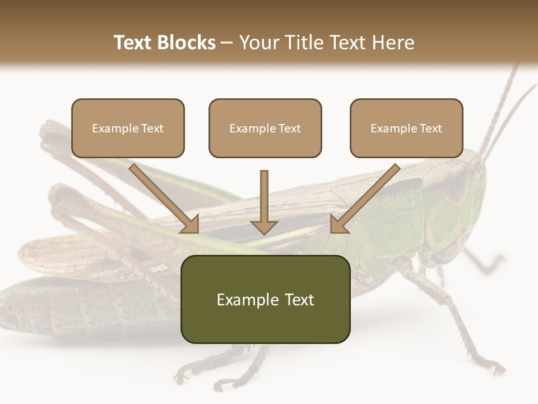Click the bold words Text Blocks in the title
[165, 43]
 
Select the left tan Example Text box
[128, 128]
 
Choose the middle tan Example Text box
[265, 128]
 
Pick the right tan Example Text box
[406, 128]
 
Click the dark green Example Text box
[265, 299]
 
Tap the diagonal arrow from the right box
[365, 199]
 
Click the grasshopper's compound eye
[455, 185]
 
